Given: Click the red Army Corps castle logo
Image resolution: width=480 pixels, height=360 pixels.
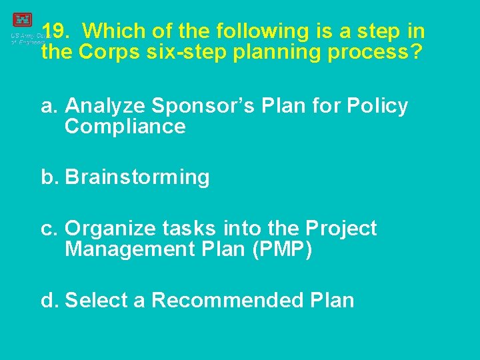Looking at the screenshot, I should point(22,19).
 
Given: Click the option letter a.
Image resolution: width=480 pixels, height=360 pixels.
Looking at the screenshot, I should point(48,106).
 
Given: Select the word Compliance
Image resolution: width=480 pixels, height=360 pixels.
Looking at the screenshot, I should point(125,127).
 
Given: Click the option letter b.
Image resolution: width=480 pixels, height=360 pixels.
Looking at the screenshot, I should point(49,177).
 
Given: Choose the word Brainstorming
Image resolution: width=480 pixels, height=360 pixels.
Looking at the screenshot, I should point(137,178).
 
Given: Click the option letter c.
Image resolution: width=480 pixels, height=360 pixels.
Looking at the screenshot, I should point(48,229).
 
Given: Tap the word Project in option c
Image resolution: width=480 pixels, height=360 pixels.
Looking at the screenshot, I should point(341,229).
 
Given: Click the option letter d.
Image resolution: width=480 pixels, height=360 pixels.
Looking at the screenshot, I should point(49,300).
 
